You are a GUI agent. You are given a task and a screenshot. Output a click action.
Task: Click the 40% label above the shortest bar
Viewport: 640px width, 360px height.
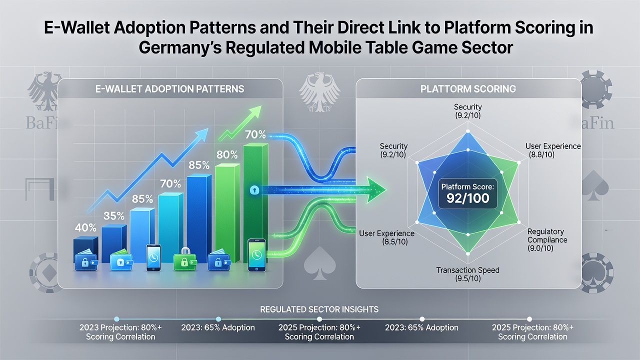click(x=85, y=227)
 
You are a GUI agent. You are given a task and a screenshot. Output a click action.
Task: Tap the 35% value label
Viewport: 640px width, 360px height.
click(x=113, y=215)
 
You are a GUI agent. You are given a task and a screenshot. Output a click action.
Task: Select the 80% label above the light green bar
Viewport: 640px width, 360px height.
click(x=227, y=154)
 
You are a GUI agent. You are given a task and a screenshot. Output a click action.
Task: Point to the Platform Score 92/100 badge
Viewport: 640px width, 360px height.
click(x=467, y=194)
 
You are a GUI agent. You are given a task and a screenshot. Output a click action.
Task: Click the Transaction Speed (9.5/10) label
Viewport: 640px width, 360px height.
click(x=467, y=274)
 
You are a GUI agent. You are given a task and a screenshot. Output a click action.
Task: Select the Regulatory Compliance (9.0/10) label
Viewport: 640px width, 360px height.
click(x=547, y=239)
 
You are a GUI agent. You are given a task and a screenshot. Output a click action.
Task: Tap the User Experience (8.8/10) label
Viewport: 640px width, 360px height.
click(x=553, y=150)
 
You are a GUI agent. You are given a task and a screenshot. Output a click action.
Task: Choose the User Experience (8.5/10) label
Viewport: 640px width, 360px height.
click(x=386, y=237)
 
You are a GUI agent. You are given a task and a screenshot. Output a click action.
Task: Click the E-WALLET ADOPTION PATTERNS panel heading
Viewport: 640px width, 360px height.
click(x=169, y=89)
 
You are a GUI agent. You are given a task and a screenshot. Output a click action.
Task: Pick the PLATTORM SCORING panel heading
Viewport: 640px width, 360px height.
click(x=468, y=89)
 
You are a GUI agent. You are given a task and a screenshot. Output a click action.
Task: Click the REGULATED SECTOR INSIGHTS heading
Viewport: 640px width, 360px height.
click(x=319, y=309)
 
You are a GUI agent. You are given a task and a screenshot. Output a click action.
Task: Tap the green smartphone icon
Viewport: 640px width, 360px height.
click(x=257, y=255)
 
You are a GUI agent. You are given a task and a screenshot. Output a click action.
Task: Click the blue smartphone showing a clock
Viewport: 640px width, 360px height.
click(x=153, y=257)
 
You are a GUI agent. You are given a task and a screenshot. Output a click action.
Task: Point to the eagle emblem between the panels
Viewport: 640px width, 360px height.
click(x=319, y=92)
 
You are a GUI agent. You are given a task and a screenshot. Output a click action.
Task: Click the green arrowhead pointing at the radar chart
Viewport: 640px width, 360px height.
click(x=376, y=189)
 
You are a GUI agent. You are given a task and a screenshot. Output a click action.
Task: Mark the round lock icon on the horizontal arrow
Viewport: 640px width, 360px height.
click(x=254, y=190)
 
